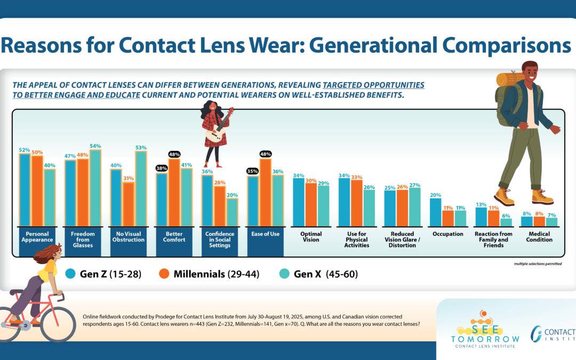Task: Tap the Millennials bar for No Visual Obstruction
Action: tap(128, 205)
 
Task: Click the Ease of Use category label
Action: tap(266, 234)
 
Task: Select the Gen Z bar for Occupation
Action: tap(436, 212)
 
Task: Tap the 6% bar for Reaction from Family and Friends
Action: tap(506, 222)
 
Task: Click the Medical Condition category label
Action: tap(539, 237)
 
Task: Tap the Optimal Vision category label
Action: tap(310, 237)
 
